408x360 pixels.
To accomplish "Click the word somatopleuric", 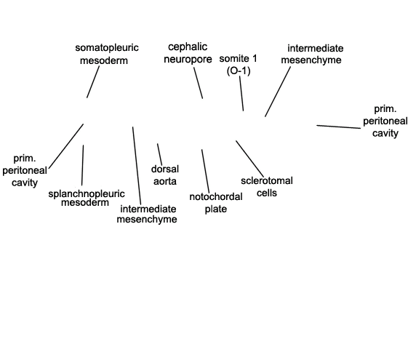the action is [107, 48].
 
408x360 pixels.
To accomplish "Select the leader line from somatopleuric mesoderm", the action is [93, 82].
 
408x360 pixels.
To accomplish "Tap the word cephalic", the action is [188, 47].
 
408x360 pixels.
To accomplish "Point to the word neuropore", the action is [188, 60].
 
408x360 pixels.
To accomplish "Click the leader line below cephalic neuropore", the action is [198, 83].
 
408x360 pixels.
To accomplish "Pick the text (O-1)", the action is [239, 71].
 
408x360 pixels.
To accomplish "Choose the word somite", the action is [233, 58].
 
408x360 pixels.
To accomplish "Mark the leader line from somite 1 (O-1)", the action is [241, 93].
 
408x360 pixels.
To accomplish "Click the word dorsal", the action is [165, 169].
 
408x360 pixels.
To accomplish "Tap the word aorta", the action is [165, 181].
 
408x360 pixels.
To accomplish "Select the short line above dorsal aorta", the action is [159, 154].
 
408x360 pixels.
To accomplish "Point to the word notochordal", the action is [216, 197].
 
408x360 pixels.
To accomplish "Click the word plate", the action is [216, 209].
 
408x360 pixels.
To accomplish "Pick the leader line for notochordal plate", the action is [205, 171].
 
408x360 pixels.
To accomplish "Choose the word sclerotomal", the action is [267, 181].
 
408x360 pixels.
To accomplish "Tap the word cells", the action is [267, 193].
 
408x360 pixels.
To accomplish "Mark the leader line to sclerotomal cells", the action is [249, 159].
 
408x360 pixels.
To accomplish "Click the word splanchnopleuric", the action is [87, 193].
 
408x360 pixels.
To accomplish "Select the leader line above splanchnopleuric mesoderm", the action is [83, 165].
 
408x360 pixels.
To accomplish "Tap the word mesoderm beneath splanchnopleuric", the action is [85, 203].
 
